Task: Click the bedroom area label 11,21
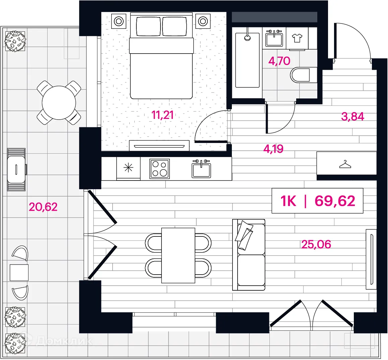coord(162,115)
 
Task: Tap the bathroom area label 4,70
coord(279,61)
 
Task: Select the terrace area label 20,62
coord(43,207)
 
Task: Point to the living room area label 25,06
coord(316,244)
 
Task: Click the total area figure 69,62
coord(335,201)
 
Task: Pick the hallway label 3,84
coord(352,117)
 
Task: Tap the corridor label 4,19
coord(273,149)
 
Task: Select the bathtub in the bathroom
coord(248,60)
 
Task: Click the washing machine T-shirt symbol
coord(297,38)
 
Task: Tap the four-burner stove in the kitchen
coord(159,169)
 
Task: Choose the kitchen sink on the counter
coord(201,169)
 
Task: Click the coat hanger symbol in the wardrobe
coord(345,164)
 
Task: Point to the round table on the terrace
coord(59,103)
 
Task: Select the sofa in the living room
coord(249,255)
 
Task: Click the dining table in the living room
coord(178,256)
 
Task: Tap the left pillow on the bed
coord(148,26)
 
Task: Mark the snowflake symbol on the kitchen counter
coord(128,168)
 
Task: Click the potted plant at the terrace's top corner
coord(15,41)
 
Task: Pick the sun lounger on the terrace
coord(16,169)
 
